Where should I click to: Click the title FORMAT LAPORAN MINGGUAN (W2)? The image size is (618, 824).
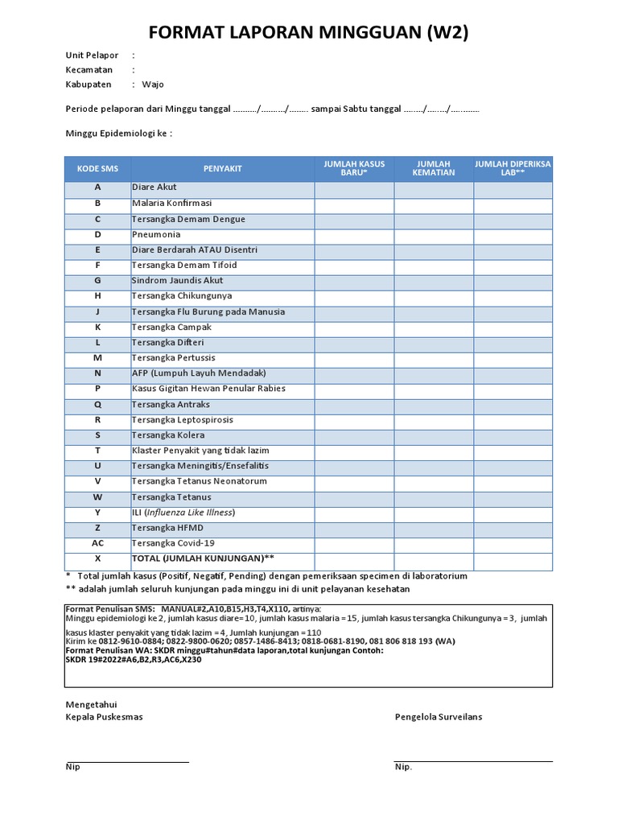pyautogui.click(x=309, y=32)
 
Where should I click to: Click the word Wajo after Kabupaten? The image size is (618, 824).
pyautogui.click(x=153, y=84)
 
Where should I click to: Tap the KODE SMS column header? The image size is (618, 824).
pyautogui.click(x=97, y=168)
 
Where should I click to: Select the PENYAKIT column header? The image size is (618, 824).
pyautogui.click(x=222, y=168)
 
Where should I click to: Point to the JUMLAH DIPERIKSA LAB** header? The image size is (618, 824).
pyautogui.click(x=513, y=168)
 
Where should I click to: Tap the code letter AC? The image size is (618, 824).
pyautogui.click(x=97, y=543)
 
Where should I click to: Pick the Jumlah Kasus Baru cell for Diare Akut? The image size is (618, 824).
pyautogui.click(x=354, y=187)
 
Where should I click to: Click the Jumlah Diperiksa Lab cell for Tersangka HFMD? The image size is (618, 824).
pyautogui.click(x=513, y=528)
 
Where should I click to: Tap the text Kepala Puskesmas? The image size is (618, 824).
pyautogui.click(x=104, y=717)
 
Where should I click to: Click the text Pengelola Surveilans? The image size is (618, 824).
pyautogui.click(x=439, y=717)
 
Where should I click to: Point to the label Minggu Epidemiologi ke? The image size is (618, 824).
pyautogui.click(x=118, y=133)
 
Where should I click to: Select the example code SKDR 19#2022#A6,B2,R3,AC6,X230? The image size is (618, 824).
pyautogui.click(x=134, y=660)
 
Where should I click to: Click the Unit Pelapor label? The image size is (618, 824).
pyautogui.click(x=92, y=56)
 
